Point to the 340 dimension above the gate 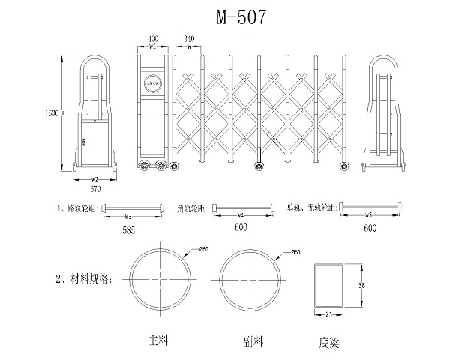(188, 37)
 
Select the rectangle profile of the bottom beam (328, 286)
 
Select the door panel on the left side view (94, 143)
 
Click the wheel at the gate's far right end (344, 165)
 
